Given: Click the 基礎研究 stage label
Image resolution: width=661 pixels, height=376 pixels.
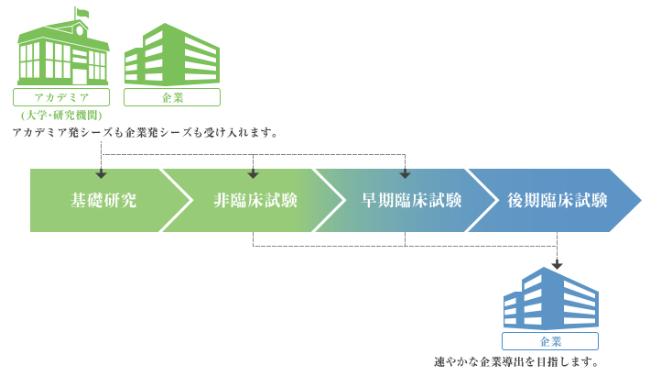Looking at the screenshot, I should [103, 201].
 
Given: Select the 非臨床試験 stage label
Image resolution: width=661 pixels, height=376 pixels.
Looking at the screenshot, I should [255, 201].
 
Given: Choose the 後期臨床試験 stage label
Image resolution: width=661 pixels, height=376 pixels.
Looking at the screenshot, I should [557, 201].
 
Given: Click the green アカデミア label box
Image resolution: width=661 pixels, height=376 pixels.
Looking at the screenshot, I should [60, 97].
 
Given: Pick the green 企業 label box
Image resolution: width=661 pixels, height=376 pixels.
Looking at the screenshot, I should [171, 97].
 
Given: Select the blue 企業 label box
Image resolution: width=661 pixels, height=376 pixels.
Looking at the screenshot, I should [550, 341].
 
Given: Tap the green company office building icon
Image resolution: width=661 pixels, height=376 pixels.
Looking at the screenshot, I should [171, 55].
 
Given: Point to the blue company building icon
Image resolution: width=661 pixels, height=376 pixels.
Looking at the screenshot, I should [550, 299].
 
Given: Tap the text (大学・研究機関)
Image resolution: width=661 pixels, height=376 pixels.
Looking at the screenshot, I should [60, 116].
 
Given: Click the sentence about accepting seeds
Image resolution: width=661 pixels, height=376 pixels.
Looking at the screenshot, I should [145, 133].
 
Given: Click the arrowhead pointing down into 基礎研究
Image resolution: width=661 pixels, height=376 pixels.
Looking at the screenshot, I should [102, 173].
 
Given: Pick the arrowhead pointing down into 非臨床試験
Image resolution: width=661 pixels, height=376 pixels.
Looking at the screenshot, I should [254, 173].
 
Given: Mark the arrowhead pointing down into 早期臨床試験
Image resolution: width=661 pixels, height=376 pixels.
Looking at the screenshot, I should [405, 173].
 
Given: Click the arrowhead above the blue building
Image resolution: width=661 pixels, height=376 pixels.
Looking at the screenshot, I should [557, 265].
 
